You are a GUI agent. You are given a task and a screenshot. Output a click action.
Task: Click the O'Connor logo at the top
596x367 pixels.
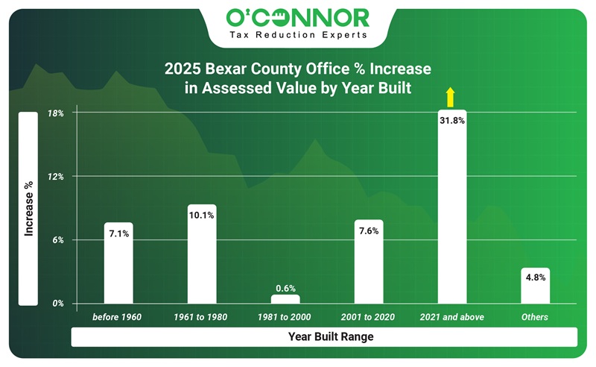(297, 16)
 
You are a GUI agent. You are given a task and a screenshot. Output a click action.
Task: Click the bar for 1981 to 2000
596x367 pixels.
(285, 299)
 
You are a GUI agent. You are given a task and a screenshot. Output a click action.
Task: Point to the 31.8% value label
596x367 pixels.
(451, 120)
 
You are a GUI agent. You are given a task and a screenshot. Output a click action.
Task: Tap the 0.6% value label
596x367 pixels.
(285, 288)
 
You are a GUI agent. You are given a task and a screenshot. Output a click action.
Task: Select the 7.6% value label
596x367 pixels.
(368, 231)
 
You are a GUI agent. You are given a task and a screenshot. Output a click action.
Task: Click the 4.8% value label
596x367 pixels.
(535, 277)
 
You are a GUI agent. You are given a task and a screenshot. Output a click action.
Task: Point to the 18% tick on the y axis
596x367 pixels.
(57, 113)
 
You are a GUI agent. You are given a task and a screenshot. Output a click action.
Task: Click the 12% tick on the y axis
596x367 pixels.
(57, 177)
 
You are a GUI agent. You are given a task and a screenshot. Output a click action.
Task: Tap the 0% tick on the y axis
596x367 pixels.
(57, 304)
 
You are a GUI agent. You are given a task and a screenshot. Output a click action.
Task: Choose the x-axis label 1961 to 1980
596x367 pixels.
(201, 318)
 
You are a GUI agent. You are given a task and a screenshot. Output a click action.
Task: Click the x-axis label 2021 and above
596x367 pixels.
(451, 318)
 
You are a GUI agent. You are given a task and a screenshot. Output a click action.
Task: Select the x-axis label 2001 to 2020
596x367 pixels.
(368, 318)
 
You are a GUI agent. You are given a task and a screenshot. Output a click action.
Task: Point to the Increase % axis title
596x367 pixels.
(28, 209)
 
